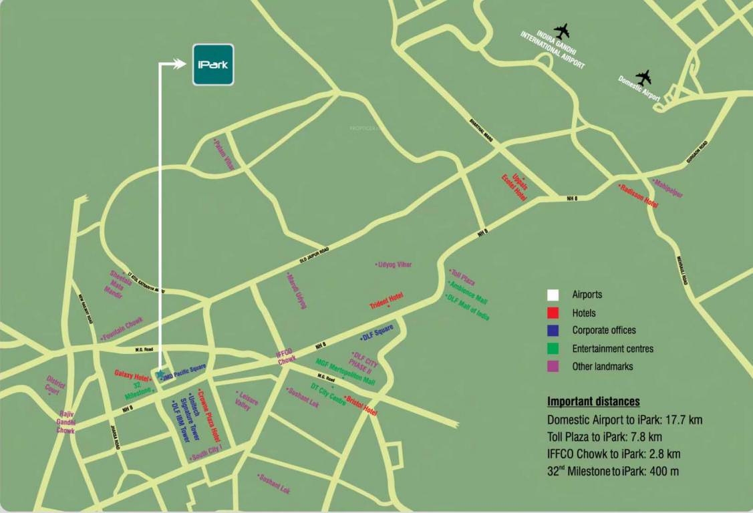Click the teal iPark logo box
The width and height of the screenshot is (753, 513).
point(213,65)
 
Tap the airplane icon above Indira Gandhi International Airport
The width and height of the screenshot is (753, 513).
point(562,31)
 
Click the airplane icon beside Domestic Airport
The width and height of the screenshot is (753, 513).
point(643,77)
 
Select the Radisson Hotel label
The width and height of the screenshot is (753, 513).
point(639,196)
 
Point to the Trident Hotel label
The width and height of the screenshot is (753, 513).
point(387,301)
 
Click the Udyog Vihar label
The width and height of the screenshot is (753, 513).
point(394,265)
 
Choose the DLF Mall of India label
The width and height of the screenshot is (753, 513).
point(468,307)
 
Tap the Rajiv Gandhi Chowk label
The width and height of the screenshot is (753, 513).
point(66,422)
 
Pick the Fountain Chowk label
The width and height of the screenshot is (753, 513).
point(122,329)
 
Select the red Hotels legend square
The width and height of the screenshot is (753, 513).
point(553,313)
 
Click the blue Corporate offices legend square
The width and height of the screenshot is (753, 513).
point(553,331)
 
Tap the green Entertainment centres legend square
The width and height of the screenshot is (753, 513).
point(553,349)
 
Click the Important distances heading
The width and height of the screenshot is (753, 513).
point(593,402)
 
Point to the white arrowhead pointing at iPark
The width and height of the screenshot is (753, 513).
point(182,63)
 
